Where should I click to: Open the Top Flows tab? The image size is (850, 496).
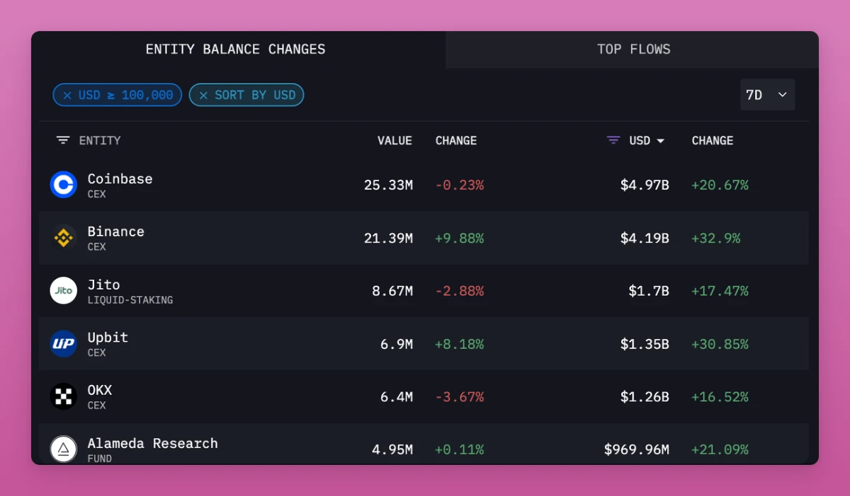[x=633, y=50]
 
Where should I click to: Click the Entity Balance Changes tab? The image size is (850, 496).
[x=235, y=50]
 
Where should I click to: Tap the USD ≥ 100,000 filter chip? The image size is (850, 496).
[x=118, y=95]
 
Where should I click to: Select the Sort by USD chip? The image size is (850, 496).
[x=246, y=95]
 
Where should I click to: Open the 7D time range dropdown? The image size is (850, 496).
[x=767, y=95]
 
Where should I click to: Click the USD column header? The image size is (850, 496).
[x=639, y=141]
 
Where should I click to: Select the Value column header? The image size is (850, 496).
[x=395, y=141]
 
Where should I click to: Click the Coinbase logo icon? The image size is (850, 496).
[x=64, y=185]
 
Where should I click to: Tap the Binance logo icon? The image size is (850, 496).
[x=64, y=238]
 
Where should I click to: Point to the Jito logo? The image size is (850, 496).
[x=64, y=291]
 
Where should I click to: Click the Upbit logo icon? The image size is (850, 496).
[x=64, y=344]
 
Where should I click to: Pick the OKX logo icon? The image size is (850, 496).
[x=64, y=396]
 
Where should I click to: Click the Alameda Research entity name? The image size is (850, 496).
[x=152, y=444]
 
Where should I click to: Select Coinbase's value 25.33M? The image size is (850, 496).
[x=388, y=185]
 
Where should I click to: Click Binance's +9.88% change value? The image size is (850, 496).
[x=459, y=238]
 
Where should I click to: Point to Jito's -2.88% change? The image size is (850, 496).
[x=459, y=291]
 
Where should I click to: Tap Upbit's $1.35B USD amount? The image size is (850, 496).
[x=645, y=345]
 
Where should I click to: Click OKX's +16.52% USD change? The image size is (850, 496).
[x=720, y=397]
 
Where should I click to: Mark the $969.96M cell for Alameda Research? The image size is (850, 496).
[x=636, y=450]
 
